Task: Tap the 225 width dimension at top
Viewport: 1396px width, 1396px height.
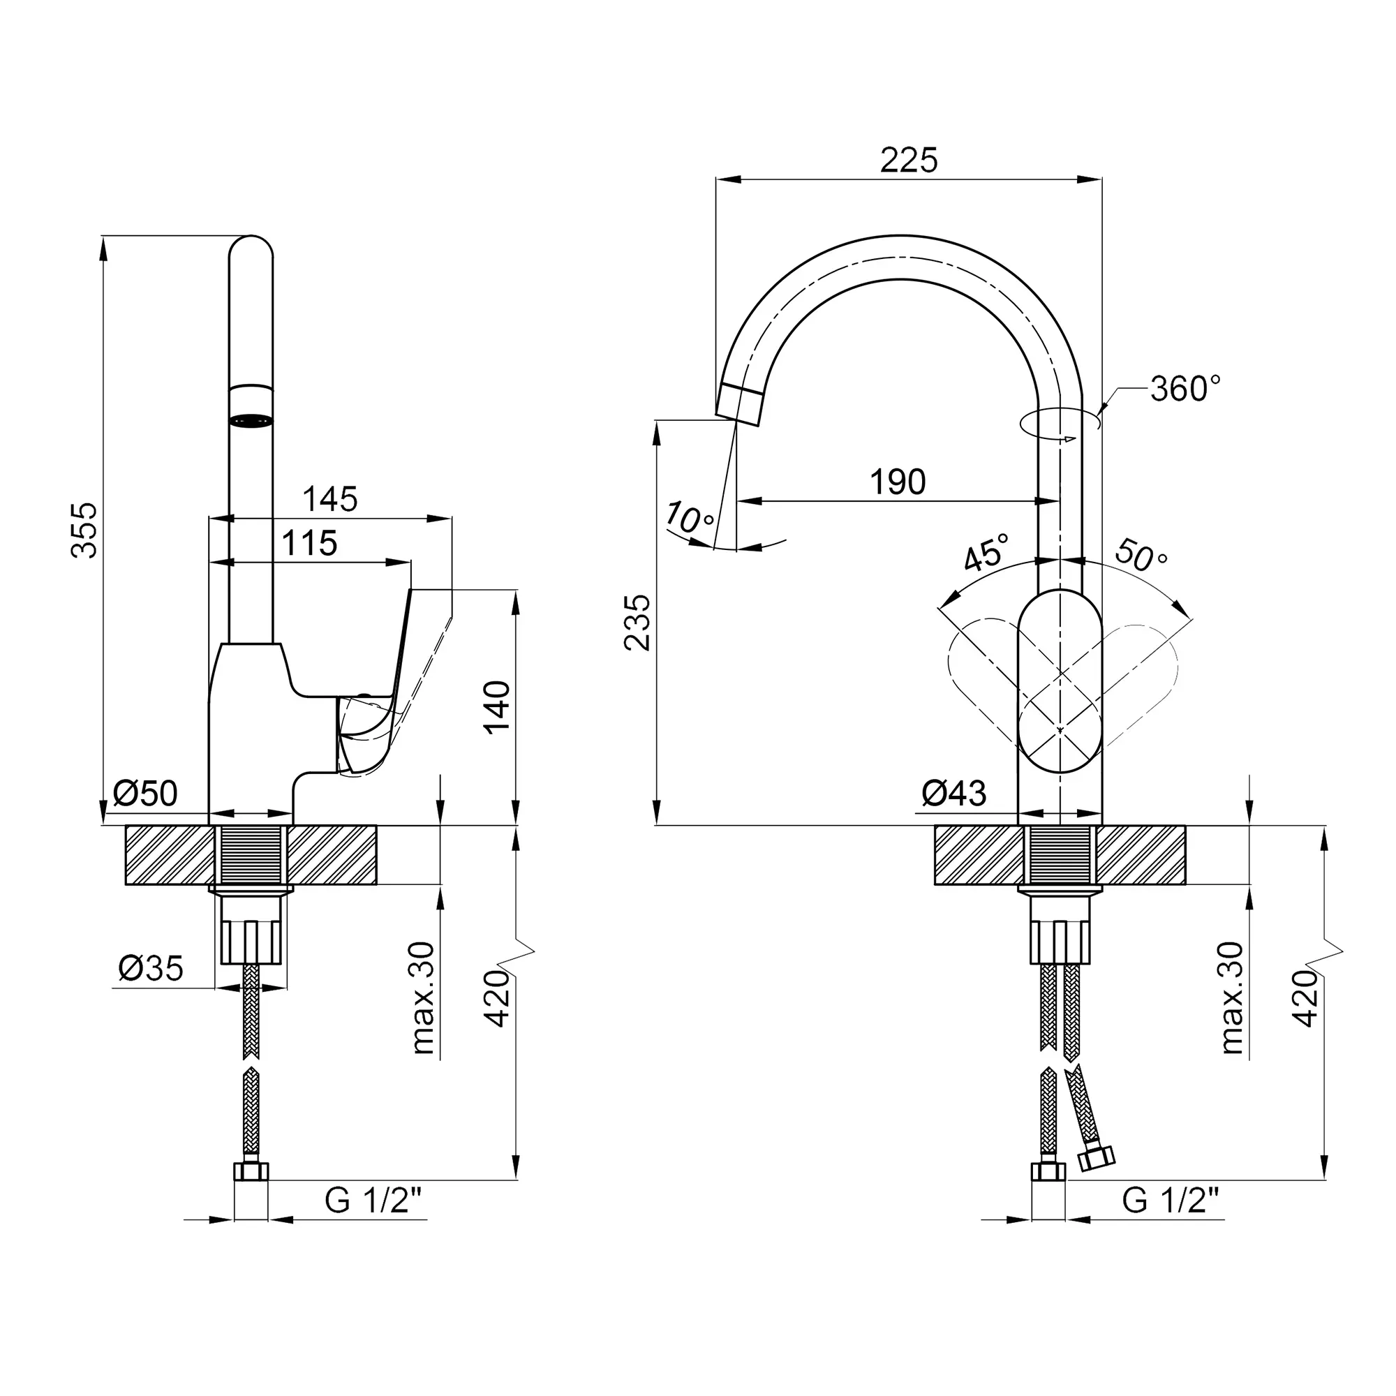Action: tap(908, 160)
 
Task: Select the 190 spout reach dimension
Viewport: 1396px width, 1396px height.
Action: tap(898, 481)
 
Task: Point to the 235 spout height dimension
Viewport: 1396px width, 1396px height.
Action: tap(638, 622)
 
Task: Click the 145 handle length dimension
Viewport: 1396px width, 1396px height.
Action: tap(329, 498)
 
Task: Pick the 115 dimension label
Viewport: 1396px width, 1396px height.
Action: tap(309, 542)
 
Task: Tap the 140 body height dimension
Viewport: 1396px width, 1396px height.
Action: tap(497, 706)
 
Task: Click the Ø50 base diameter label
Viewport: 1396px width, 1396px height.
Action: tap(145, 794)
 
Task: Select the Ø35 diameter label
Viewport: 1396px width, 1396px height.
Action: tap(151, 968)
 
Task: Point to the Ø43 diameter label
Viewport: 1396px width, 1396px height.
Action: tap(953, 794)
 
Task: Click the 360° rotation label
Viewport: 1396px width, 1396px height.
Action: tap(1186, 389)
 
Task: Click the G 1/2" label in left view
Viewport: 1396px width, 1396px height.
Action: tap(373, 1200)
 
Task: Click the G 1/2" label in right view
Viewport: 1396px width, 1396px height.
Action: tap(1171, 1200)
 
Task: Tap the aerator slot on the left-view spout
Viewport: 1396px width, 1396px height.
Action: tap(251, 419)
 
